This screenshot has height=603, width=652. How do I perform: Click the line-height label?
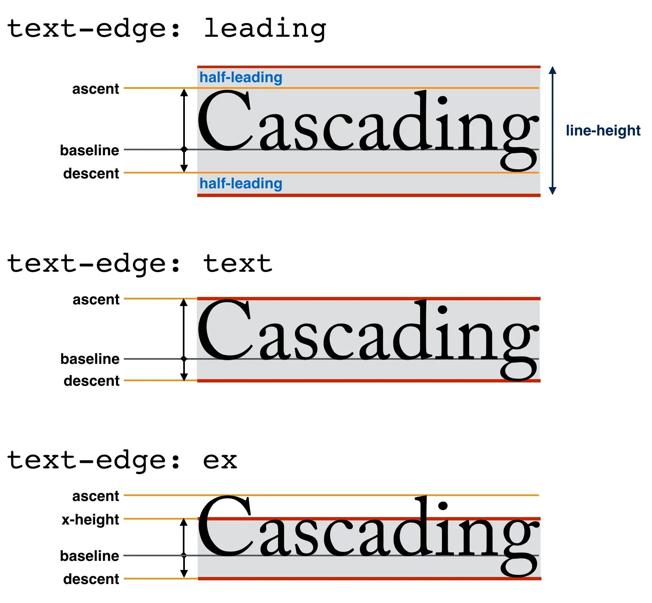tap(602, 131)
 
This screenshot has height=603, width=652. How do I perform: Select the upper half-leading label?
tap(241, 77)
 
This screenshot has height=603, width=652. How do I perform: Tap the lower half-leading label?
tap(241, 183)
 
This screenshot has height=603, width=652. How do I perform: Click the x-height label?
tap(90, 520)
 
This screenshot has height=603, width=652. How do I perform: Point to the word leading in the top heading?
tap(265, 29)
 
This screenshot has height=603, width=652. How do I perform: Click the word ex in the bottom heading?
tap(220, 461)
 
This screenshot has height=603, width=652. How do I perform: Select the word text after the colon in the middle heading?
tap(238, 264)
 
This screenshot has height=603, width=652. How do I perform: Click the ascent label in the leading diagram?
tap(95, 89)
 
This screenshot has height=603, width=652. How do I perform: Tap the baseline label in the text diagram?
tap(90, 359)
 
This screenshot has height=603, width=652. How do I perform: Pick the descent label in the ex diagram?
tap(91, 579)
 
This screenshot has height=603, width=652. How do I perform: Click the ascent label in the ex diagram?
tap(95, 496)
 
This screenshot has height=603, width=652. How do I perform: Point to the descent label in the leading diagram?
tap(91, 173)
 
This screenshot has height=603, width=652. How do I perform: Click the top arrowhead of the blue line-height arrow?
tap(553, 70)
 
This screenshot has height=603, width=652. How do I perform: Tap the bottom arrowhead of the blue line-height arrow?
tap(553, 191)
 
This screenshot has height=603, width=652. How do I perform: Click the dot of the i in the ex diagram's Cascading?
tap(443, 506)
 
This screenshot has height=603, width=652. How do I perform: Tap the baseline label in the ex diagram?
tap(90, 556)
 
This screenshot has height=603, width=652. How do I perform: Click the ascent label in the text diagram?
tap(96, 299)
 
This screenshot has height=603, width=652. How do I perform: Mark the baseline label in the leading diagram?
tap(90, 150)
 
